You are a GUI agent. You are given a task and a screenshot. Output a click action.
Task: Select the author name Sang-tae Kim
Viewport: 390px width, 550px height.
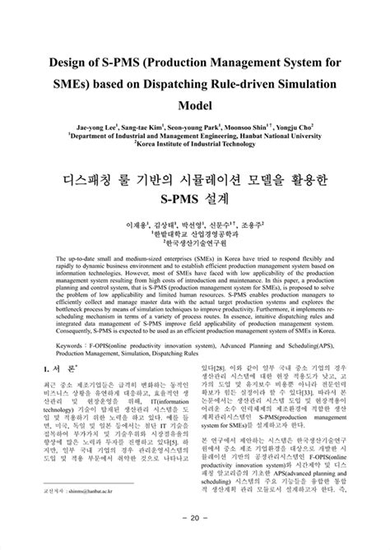click(x=142, y=127)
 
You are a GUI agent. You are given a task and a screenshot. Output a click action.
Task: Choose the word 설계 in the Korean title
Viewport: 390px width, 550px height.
click(x=217, y=199)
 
